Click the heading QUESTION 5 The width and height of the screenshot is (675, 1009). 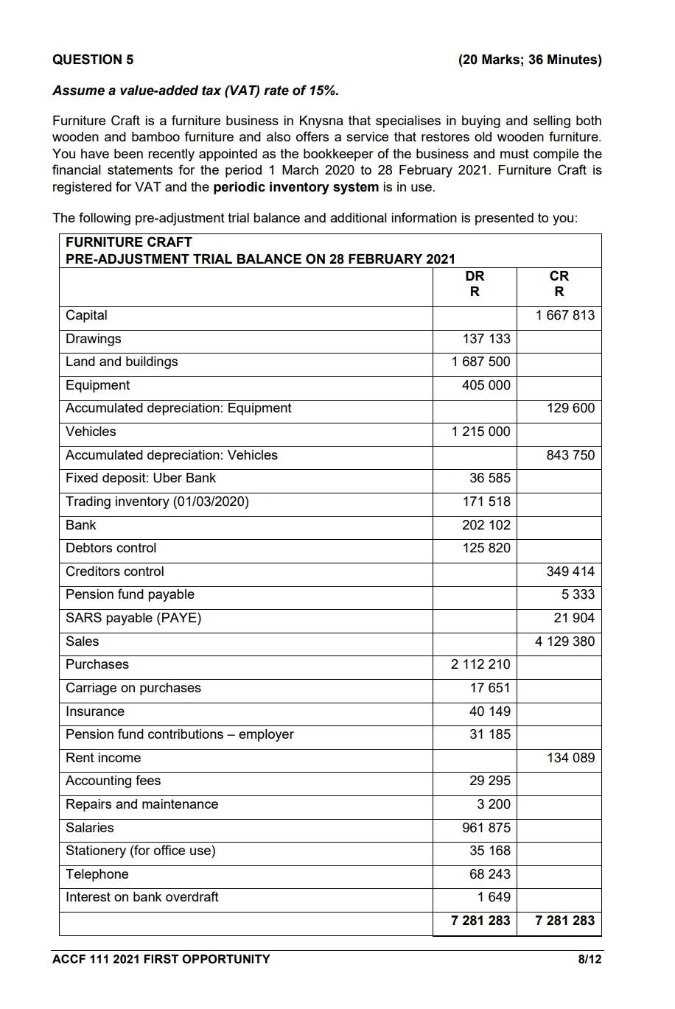point(93,60)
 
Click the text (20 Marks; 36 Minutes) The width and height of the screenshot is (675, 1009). point(529,60)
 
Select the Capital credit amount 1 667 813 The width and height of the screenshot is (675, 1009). point(564,315)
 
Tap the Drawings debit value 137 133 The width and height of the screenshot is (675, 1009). point(486,339)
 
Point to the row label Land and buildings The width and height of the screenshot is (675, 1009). point(122,362)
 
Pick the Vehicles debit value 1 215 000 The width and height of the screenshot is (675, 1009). point(480,432)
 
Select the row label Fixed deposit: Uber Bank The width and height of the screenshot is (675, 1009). point(141,478)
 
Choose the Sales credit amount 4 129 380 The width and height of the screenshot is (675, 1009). point(564,641)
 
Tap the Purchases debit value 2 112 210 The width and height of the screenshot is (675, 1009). point(480,664)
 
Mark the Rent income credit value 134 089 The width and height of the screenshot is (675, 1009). point(570,758)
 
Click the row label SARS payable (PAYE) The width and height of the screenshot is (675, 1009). point(133,618)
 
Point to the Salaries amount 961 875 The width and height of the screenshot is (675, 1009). point(486,828)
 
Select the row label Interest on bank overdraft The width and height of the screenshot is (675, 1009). point(142,897)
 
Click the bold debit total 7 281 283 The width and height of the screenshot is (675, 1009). point(480,921)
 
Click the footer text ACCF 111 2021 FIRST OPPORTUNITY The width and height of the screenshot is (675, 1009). point(161,959)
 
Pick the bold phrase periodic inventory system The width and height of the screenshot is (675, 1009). point(295,187)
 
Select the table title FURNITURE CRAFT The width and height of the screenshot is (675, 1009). point(129,242)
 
